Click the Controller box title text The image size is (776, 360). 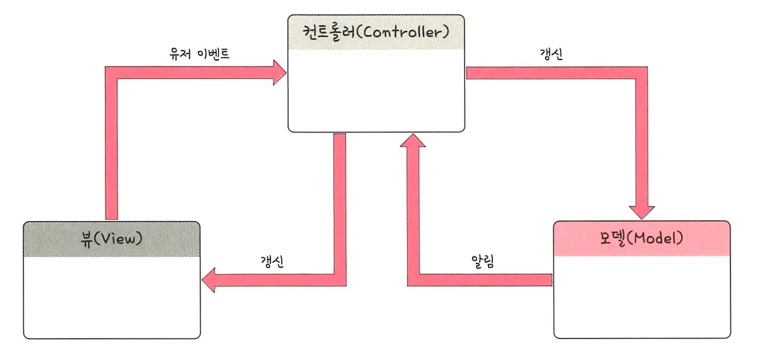point(376,32)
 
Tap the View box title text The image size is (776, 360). point(112,239)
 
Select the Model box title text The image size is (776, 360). point(641,238)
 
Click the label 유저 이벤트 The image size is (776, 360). point(199,54)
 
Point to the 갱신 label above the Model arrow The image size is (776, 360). point(552,54)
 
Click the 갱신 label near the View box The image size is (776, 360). point(272,261)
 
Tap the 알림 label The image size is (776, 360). point(483,261)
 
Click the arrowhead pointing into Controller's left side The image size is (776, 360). point(279,73)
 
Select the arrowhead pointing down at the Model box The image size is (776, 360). point(641,213)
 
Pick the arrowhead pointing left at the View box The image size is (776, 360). point(209,280)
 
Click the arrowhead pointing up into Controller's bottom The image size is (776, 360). point(413,140)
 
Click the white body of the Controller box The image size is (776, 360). point(376,90)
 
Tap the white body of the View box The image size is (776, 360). point(112,297)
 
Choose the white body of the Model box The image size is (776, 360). point(642,297)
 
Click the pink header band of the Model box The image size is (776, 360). point(642,239)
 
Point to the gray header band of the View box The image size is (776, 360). point(112,239)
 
